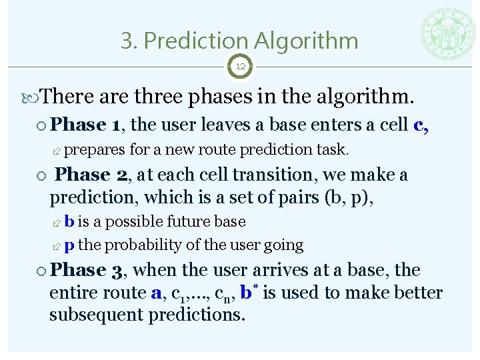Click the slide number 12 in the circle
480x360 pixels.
240,67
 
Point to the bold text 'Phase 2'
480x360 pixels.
94,175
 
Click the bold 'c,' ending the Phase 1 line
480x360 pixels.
421,125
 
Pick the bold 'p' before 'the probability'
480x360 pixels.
69,245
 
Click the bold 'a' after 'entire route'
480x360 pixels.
157,293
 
